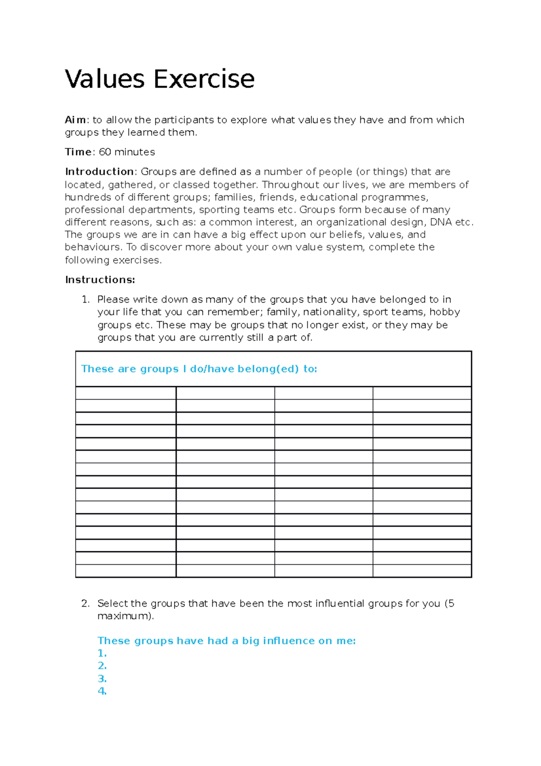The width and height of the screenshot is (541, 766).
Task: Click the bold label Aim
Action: click(75, 120)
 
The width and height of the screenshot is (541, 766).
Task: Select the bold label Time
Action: click(78, 152)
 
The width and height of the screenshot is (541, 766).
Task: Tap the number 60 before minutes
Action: click(105, 152)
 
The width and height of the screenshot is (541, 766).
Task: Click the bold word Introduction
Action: click(99, 172)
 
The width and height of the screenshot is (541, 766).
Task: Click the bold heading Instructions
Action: click(100, 280)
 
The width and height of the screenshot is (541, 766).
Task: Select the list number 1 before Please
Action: click(85, 300)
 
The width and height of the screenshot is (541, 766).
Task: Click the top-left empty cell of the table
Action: click(125, 393)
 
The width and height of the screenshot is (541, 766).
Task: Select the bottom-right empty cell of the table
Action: click(422, 571)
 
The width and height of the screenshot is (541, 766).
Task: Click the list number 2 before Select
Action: click(85, 604)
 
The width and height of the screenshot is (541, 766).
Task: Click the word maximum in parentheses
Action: click(124, 616)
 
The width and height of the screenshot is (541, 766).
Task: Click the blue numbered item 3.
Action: click(102, 679)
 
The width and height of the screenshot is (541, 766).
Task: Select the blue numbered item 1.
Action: click(102, 654)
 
